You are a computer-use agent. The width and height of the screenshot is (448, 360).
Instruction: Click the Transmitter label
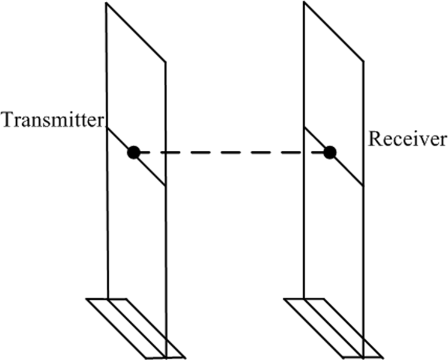coord(53,120)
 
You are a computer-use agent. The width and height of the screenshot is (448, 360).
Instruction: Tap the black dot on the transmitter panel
coord(133,153)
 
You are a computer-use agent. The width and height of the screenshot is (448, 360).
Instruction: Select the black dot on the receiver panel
coord(329,153)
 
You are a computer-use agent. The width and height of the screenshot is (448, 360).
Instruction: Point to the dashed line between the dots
coord(231,153)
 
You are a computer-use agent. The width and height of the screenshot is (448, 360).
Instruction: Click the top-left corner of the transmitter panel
coord(106,3)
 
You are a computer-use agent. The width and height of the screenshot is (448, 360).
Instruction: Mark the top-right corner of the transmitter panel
coord(165,60)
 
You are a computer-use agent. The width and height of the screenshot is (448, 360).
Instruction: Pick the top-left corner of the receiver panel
coord(304,3)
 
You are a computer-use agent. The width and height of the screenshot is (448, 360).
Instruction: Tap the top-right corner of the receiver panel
coord(362,60)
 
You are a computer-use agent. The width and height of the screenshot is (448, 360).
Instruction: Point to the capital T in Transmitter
coord(8,120)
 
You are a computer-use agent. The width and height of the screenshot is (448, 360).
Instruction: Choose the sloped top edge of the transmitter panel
coord(136,31)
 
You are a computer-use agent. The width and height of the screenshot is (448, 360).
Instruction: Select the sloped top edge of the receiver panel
coord(333,31)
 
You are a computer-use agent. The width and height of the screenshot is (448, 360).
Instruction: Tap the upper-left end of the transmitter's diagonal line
coord(107,127)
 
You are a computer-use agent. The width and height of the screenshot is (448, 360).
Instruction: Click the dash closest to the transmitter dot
coord(151,153)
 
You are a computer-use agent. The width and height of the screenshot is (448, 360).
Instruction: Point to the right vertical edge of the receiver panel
coord(362,240)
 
